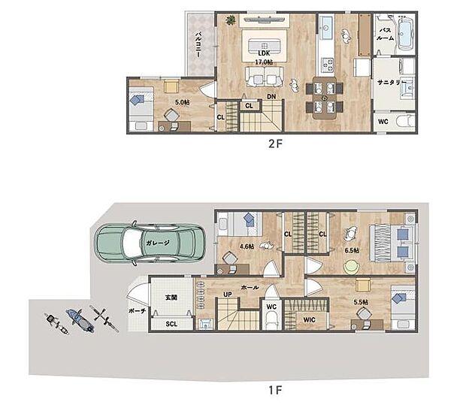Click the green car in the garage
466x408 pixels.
[x=150, y=243]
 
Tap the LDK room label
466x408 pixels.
[x=264, y=53]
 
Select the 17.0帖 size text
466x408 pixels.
[x=264, y=62]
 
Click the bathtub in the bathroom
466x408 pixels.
[x=406, y=33]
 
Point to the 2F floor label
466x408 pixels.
[x=275, y=144]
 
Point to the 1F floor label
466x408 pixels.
[x=275, y=390]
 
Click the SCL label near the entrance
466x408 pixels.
[x=171, y=324]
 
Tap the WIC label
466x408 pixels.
[x=310, y=320]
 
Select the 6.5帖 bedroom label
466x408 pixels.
[x=352, y=250]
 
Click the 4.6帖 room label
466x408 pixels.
[x=247, y=246]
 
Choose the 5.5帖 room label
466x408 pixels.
[x=361, y=302]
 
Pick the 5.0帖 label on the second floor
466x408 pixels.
[x=182, y=102]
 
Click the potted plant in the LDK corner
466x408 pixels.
[x=230, y=20]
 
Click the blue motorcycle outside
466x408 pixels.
[x=80, y=321]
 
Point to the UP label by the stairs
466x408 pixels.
[x=228, y=295]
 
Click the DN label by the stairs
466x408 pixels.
[x=271, y=97]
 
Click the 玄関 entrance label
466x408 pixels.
[x=171, y=297]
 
